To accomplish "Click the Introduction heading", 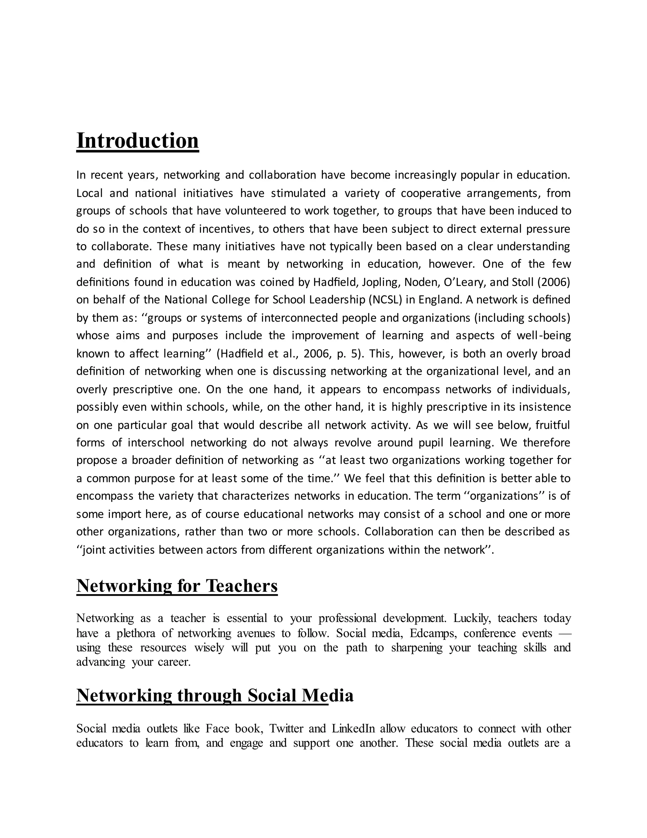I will click(x=138, y=141).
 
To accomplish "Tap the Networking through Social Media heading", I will click(x=215, y=696).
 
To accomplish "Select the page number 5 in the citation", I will click(x=354, y=354).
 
